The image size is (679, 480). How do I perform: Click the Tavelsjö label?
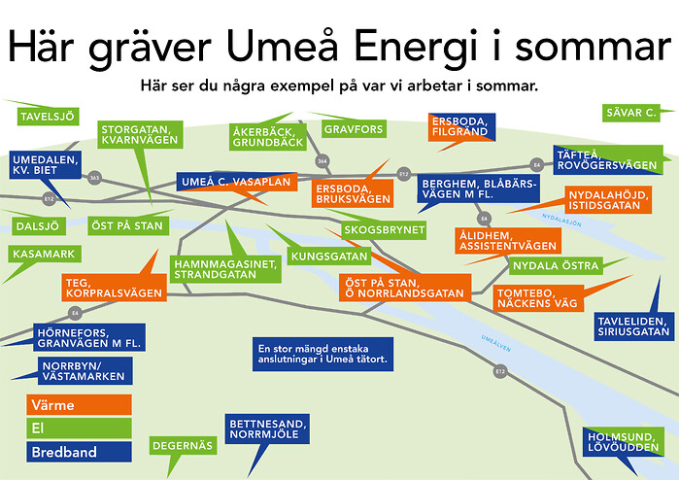(48, 117)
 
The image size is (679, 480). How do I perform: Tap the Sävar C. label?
(631, 113)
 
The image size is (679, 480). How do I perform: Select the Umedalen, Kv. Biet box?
(46, 165)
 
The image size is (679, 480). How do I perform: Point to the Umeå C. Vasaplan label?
(236, 182)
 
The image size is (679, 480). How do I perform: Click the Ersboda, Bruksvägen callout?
(353, 193)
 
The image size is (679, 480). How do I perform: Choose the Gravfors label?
(354, 129)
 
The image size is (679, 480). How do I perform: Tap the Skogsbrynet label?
(384, 230)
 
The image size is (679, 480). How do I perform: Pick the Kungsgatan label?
(329, 257)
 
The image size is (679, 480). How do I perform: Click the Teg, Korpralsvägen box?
(115, 288)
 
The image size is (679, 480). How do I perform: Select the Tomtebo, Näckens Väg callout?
(538, 298)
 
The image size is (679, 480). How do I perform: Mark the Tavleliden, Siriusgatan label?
(634, 326)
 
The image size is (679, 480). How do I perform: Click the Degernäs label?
(183, 446)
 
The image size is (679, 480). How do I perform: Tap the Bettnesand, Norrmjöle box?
(267, 429)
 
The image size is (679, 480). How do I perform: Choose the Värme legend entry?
(79, 405)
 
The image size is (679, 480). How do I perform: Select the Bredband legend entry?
(79, 452)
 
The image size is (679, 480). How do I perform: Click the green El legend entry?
(79, 429)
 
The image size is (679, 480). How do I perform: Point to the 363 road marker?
(95, 178)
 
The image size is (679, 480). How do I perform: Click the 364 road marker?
(323, 161)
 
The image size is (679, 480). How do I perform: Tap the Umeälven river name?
(496, 344)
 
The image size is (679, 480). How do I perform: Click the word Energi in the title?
(416, 48)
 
